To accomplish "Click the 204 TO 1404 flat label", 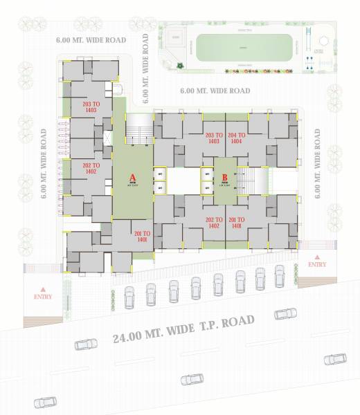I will [x=237, y=138].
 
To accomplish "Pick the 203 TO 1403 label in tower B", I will [x=215, y=138].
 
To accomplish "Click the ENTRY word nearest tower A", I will [x=43, y=296].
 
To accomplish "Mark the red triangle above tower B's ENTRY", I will [x=317, y=255].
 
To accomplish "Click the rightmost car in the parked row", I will [x=279, y=275].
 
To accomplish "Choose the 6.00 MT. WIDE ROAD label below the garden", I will [x=215, y=91].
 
